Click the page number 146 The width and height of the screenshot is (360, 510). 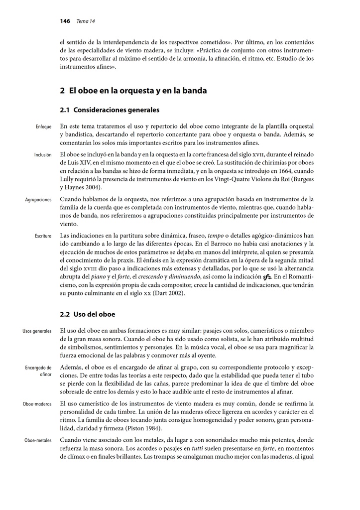tap(64, 21)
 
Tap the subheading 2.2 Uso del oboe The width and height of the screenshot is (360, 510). tap(88, 315)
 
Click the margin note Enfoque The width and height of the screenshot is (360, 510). tap(44, 127)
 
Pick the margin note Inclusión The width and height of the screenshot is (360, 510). tap(43, 155)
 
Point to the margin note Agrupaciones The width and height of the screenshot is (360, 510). tap(38, 200)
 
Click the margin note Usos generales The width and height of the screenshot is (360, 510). tap(37, 331)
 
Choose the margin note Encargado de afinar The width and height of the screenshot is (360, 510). tap(38, 371)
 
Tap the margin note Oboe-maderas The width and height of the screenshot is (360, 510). tap(37, 404)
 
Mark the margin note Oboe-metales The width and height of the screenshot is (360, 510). tap(38, 440)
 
